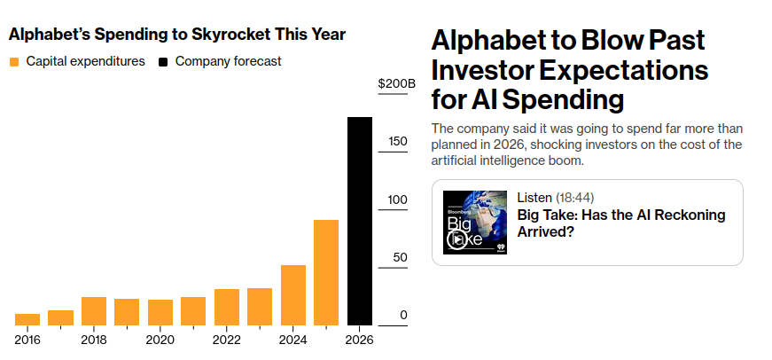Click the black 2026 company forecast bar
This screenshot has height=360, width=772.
(359, 222)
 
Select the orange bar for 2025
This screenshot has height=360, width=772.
(326, 272)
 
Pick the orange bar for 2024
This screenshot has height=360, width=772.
(293, 295)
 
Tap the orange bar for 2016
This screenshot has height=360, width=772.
(27, 319)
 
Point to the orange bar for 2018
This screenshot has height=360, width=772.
(94, 310)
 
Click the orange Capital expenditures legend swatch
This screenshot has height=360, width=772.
(14, 62)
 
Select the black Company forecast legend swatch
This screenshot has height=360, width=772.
(163, 62)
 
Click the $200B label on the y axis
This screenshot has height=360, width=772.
(396, 84)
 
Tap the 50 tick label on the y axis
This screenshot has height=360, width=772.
(401, 258)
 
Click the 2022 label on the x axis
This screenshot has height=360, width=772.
(227, 340)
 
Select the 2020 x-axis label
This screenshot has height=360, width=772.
(160, 340)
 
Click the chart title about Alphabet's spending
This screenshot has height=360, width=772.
(177, 35)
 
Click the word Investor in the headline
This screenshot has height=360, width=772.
(488, 69)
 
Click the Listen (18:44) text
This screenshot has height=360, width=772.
(555, 196)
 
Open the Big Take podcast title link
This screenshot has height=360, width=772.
(620, 223)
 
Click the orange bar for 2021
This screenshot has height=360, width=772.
(193, 310)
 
